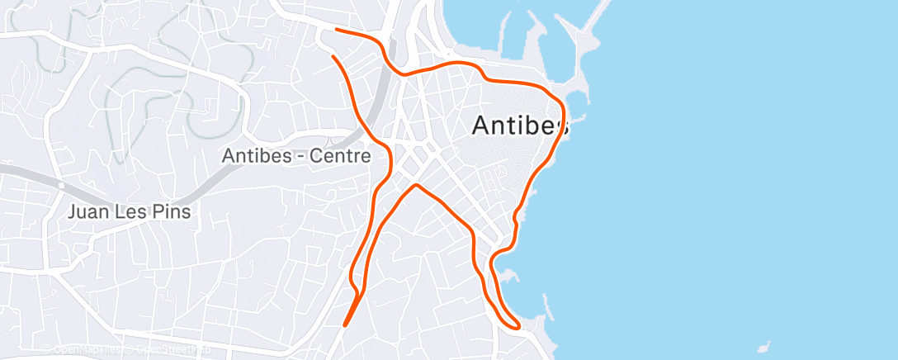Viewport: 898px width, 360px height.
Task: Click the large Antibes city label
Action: point(520,126)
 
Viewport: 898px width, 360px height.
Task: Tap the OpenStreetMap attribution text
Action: point(169,350)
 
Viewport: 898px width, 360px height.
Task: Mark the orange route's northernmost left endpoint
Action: point(337,30)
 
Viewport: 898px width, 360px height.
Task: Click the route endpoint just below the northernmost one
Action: point(333,56)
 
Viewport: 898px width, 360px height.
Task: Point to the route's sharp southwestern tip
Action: point(344,325)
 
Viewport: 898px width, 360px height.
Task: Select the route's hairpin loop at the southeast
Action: point(517,327)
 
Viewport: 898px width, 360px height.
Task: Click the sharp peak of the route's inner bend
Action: point(417,185)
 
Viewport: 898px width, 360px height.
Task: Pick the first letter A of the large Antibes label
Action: point(480,126)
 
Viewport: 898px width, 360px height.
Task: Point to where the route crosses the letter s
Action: point(562,126)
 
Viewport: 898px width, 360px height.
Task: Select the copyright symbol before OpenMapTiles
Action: point(47,350)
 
